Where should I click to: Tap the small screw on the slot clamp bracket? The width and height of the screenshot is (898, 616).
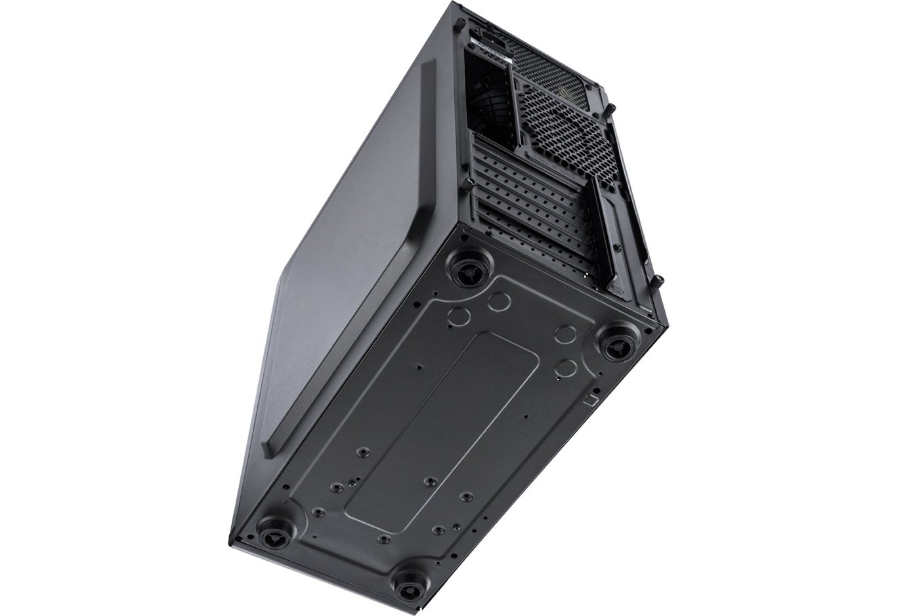[x=618, y=247]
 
